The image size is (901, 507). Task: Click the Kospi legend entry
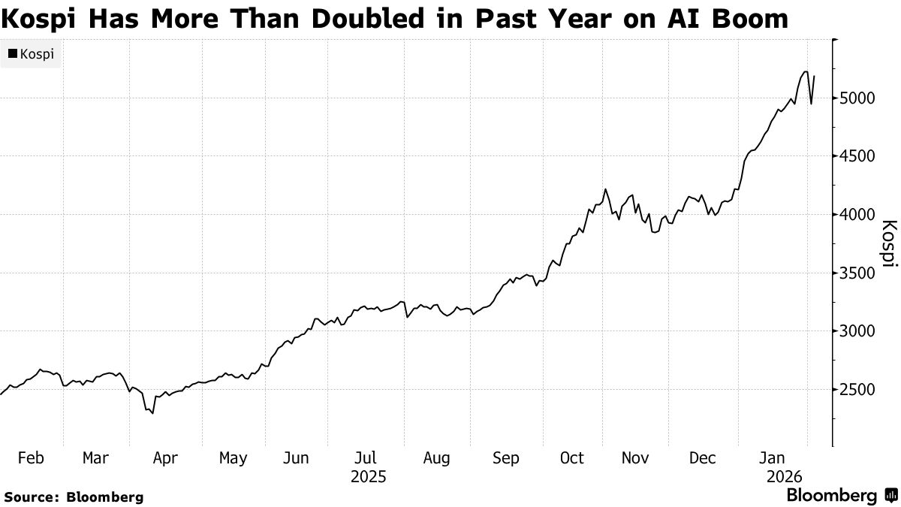pyautogui.click(x=31, y=54)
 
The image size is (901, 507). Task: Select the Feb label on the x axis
pyautogui.click(x=30, y=458)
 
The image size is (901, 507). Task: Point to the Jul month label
pyautogui.click(x=366, y=458)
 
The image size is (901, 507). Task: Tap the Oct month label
pyautogui.click(x=572, y=458)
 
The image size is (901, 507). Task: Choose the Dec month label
pyautogui.click(x=704, y=458)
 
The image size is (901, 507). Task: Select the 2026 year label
pyautogui.click(x=785, y=477)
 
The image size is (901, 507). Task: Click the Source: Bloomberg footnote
pyautogui.click(x=73, y=496)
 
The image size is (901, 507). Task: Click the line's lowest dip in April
pyautogui.click(x=152, y=413)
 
